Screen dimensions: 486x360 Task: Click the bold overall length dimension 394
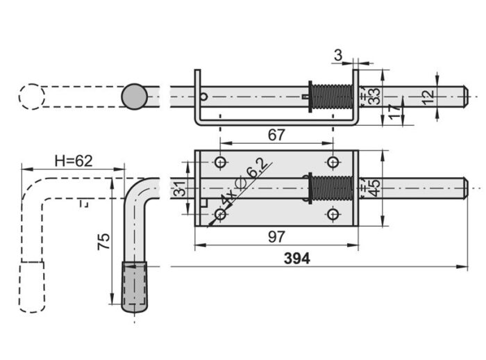click(296, 259)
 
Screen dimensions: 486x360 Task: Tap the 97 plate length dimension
click(276, 237)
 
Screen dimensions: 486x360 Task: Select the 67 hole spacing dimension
click(276, 135)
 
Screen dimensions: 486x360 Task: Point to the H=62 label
click(74, 161)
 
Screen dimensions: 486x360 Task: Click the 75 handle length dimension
click(104, 241)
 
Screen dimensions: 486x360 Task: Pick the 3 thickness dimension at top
click(338, 55)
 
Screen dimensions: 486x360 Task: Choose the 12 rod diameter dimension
click(428, 97)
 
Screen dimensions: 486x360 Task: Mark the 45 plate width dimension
click(374, 188)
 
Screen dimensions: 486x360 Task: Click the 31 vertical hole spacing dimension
click(180, 188)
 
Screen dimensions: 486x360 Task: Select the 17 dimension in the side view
click(394, 112)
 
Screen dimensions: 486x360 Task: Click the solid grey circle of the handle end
click(134, 97)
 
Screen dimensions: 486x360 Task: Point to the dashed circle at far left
click(32, 97)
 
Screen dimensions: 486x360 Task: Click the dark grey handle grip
click(135, 286)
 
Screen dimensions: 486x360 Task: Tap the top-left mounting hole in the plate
click(220, 162)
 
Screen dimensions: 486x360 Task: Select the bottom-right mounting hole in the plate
click(333, 214)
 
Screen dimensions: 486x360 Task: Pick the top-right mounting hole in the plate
click(333, 162)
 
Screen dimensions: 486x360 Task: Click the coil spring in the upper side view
click(332, 97)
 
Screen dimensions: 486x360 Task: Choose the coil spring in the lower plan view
click(332, 188)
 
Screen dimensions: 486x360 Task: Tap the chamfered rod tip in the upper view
click(466, 97)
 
